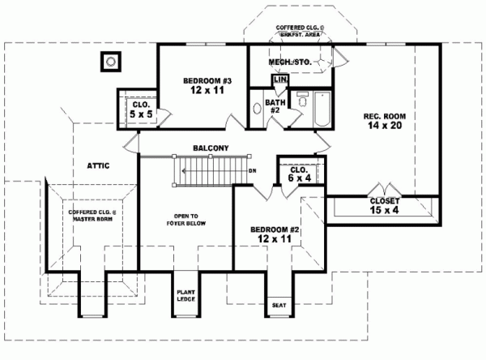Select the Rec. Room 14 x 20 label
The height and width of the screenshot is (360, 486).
pos(385,122)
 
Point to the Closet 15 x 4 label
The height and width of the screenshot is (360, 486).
pos(384,205)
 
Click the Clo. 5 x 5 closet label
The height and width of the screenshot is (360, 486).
pos(139,109)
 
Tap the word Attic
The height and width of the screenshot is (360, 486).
pos(98,165)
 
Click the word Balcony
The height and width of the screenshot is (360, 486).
pos(210,148)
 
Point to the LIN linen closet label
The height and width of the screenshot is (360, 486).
pos(280,80)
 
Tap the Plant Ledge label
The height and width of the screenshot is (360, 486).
pos(186,296)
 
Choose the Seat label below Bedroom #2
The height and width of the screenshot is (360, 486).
pos(279,305)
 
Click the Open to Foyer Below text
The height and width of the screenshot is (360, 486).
pos(186,221)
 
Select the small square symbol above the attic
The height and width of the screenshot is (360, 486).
pos(109,61)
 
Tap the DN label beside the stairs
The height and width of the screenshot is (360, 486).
pos(253,171)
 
